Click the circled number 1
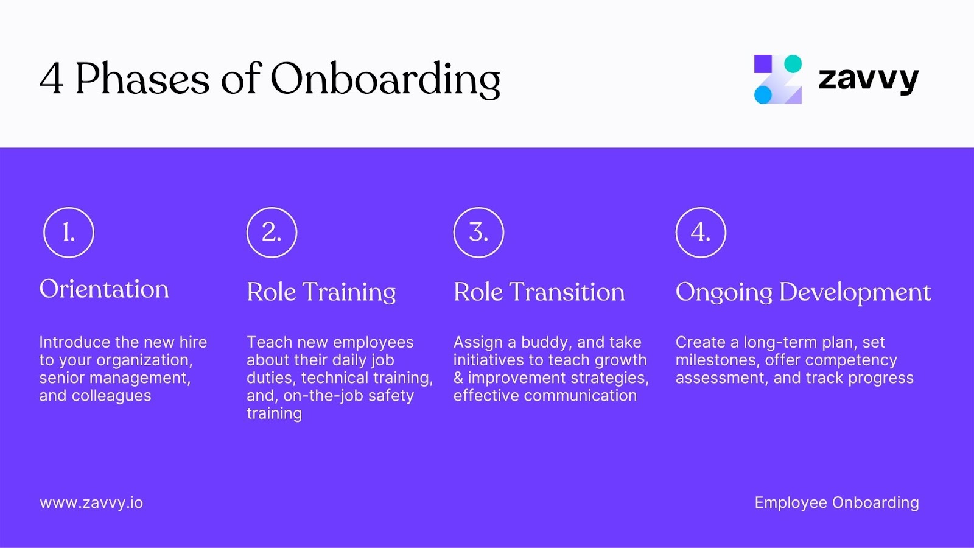click(69, 233)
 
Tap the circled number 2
click(272, 233)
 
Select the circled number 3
click(478, 233)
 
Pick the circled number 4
click(701, 233)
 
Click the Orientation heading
click(104, 289)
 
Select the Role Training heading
click(321, 292)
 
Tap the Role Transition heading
click(539, 292)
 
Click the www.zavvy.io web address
click(91, 503)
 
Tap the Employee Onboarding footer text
click(836, 503)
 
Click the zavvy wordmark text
click(868, 79)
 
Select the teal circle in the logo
click(793, 64)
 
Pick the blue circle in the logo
click(763, 94)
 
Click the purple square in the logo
click(763, 64)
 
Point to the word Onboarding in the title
click(385, 79)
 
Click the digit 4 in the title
click(51, 79)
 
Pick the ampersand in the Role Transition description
click(458, 378)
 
